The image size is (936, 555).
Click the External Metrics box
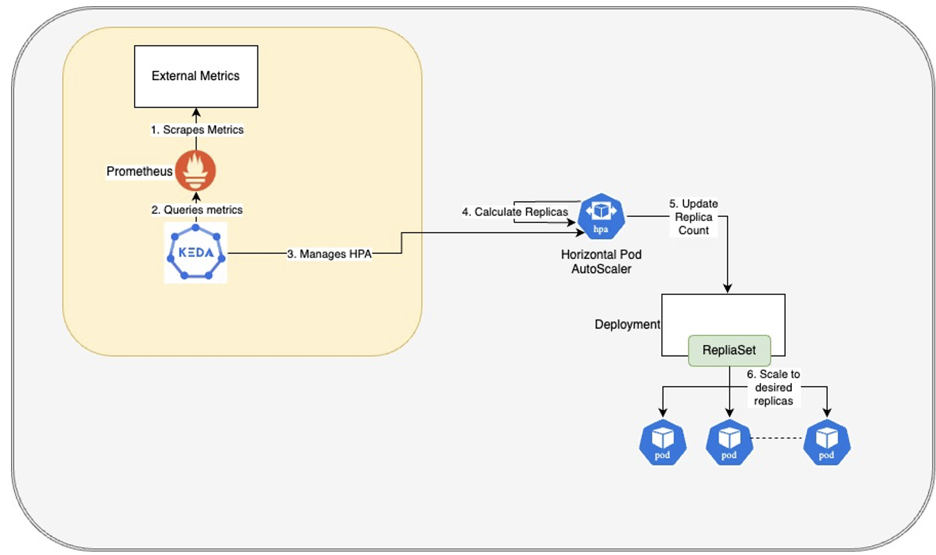195,76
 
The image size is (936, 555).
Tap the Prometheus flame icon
195,171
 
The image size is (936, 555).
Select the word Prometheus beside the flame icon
139,171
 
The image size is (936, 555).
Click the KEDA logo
195,252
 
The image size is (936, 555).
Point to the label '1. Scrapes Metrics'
197,130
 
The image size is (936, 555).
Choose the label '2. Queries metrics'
197,209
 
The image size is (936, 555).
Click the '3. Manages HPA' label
329,254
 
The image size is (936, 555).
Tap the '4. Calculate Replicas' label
514,212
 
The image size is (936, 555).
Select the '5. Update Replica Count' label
693,217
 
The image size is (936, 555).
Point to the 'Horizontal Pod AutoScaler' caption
601,262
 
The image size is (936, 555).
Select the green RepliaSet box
729,350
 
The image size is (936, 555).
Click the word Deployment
627,324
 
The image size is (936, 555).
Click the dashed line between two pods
777,438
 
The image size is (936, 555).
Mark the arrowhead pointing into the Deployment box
728,289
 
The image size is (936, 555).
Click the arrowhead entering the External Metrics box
196,112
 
